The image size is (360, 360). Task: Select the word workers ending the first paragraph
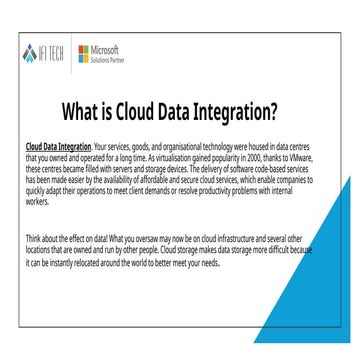[x=36, y=201]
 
